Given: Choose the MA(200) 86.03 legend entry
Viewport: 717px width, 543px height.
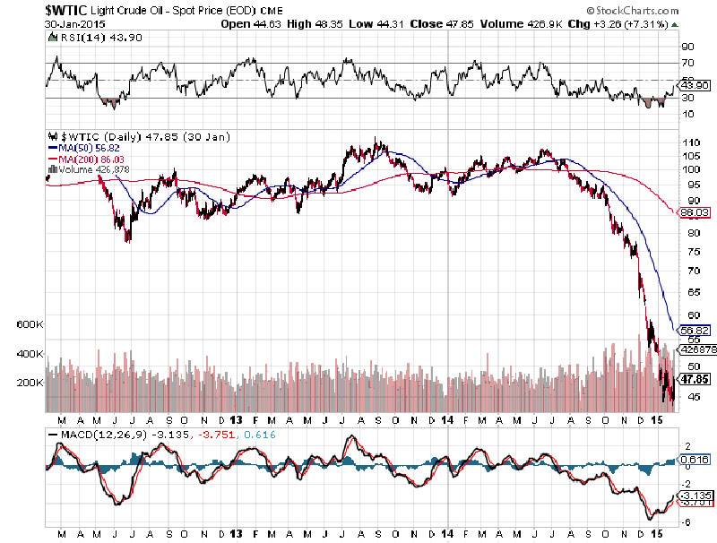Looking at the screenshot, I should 85,158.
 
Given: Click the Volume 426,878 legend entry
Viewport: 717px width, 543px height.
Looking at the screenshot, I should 90,168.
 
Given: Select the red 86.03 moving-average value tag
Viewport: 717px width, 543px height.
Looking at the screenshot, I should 695,212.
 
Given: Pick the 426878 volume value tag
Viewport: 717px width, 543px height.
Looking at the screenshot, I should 695,349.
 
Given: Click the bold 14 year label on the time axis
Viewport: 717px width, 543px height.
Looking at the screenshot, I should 448,419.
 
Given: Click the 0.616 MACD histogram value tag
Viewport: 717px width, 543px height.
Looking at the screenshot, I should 695,460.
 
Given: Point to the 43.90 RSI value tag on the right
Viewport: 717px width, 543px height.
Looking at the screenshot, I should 695,84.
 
